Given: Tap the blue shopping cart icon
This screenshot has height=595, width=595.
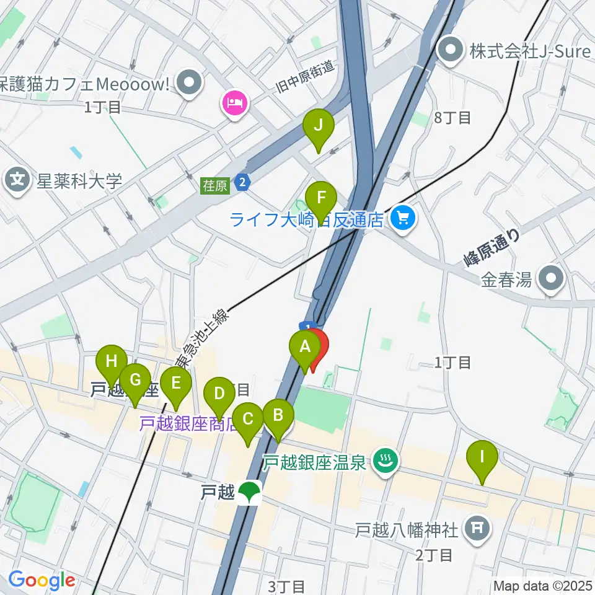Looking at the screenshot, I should [x=403, y=218].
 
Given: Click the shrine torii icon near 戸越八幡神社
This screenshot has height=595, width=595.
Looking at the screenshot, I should [x=478, y=529].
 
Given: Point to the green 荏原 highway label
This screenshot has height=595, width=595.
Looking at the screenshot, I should [x=214, y=185].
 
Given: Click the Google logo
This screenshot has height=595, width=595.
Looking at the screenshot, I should [x=42, y=580].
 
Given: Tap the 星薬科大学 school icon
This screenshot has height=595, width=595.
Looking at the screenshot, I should [x=17, y=180].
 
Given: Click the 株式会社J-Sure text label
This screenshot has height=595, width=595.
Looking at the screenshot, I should [x=530, y=51].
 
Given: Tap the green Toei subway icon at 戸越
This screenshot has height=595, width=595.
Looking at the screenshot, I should [x=250, y=493].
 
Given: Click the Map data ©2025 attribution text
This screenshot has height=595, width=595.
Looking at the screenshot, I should [x=543, y=586].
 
